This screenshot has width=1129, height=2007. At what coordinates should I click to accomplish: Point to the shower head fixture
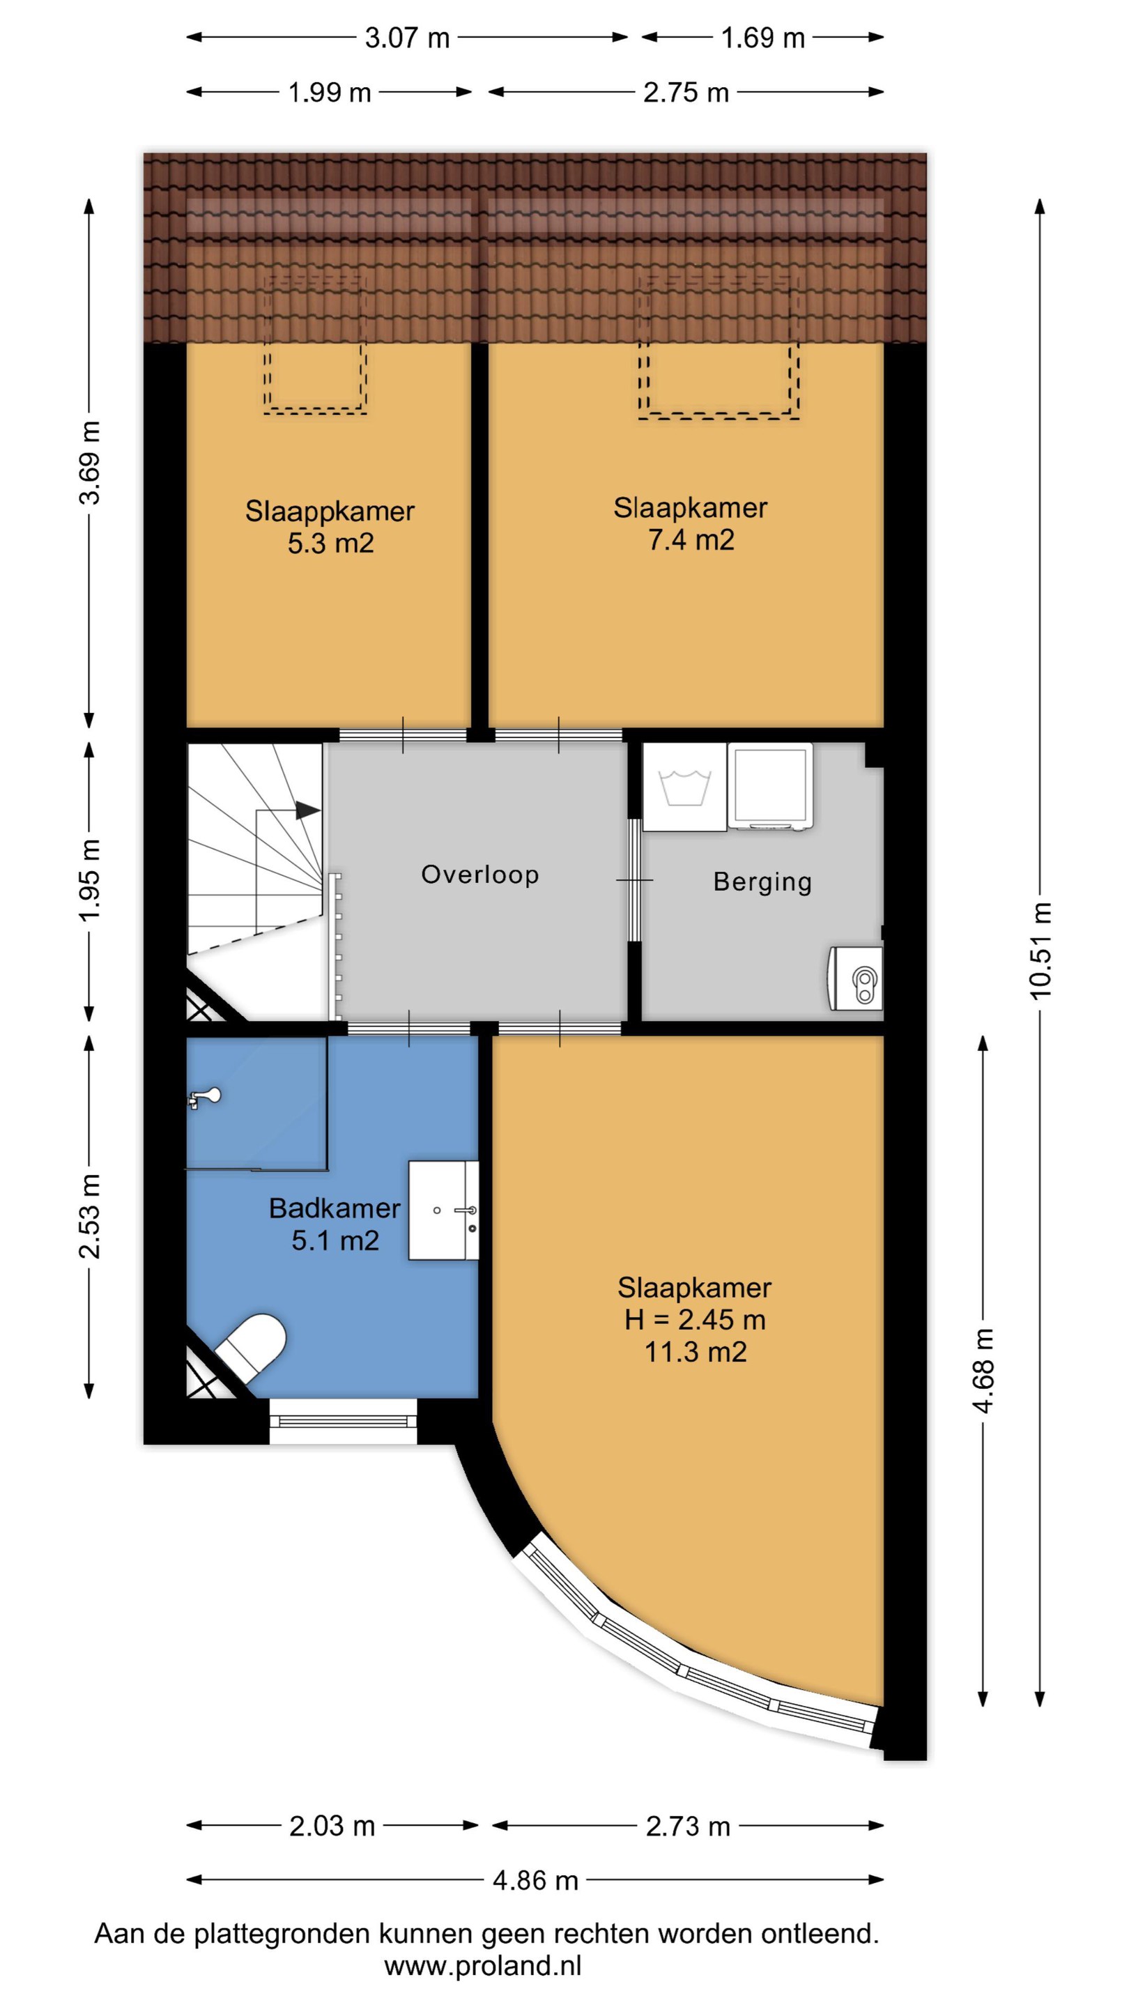pos(204,1098)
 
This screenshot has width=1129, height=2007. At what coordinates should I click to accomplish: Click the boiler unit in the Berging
pos(856,978)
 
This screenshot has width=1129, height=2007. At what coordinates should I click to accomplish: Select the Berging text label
pos(763,882)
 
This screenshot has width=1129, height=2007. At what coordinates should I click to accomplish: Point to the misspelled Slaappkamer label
pos(330,511)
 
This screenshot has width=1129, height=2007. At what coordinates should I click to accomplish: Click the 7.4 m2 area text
pos(691,540)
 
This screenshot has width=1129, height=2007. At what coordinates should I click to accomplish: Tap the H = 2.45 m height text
pos(695,1320)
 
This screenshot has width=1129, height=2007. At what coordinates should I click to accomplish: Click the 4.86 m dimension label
pos(535,1880)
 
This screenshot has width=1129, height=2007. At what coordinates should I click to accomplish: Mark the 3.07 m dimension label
pos(408,38)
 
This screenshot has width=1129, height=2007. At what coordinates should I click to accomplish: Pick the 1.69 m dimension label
pos(763,38)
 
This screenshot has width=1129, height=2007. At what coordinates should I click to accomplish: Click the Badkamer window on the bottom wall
pos(343,1421)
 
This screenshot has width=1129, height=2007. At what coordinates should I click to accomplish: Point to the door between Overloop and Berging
pos(635,879)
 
